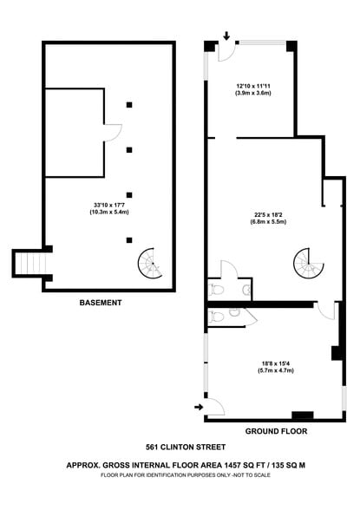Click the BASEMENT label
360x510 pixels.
[101, 303]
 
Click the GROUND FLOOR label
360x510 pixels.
[277, 430]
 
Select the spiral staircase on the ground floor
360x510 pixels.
[306, 260]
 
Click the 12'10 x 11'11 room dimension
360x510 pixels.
[253, 89]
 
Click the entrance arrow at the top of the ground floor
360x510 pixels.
[226, 37]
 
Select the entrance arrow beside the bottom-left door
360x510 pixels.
[199, 405]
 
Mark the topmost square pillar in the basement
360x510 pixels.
[129, 105]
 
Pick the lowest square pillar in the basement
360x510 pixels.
[129, 239]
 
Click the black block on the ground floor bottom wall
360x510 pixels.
[303, 415]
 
